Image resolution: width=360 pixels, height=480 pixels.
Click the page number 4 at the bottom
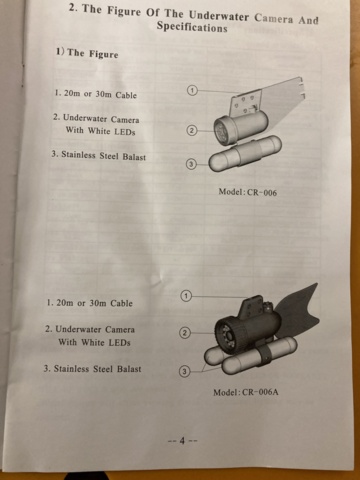tap(182, 441)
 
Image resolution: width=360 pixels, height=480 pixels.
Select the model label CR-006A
tap(260, 392)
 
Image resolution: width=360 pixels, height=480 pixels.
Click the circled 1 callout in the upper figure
tap(192, 90)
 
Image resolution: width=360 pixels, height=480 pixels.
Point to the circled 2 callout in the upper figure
tap(191, 130)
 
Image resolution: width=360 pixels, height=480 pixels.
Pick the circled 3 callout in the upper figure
tap(191, 164)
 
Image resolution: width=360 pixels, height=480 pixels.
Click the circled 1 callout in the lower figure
tap(186, 296)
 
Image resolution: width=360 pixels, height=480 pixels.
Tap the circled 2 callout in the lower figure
tap(185, 333)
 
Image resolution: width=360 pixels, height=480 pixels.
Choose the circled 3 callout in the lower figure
tap(185, 371)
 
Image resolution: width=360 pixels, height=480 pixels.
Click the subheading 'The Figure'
tap(93, 53)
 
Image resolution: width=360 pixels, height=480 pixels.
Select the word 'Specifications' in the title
tap(192, 27)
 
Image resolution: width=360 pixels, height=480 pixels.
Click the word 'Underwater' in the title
tap(219, 16)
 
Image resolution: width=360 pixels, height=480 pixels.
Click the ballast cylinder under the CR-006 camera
tap(245, 154)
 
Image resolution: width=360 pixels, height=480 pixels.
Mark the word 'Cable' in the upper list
tap(126, 95)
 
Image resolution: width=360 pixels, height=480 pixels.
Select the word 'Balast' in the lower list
tap(129, 369)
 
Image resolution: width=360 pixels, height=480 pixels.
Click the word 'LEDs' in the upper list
tap(125, 132)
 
